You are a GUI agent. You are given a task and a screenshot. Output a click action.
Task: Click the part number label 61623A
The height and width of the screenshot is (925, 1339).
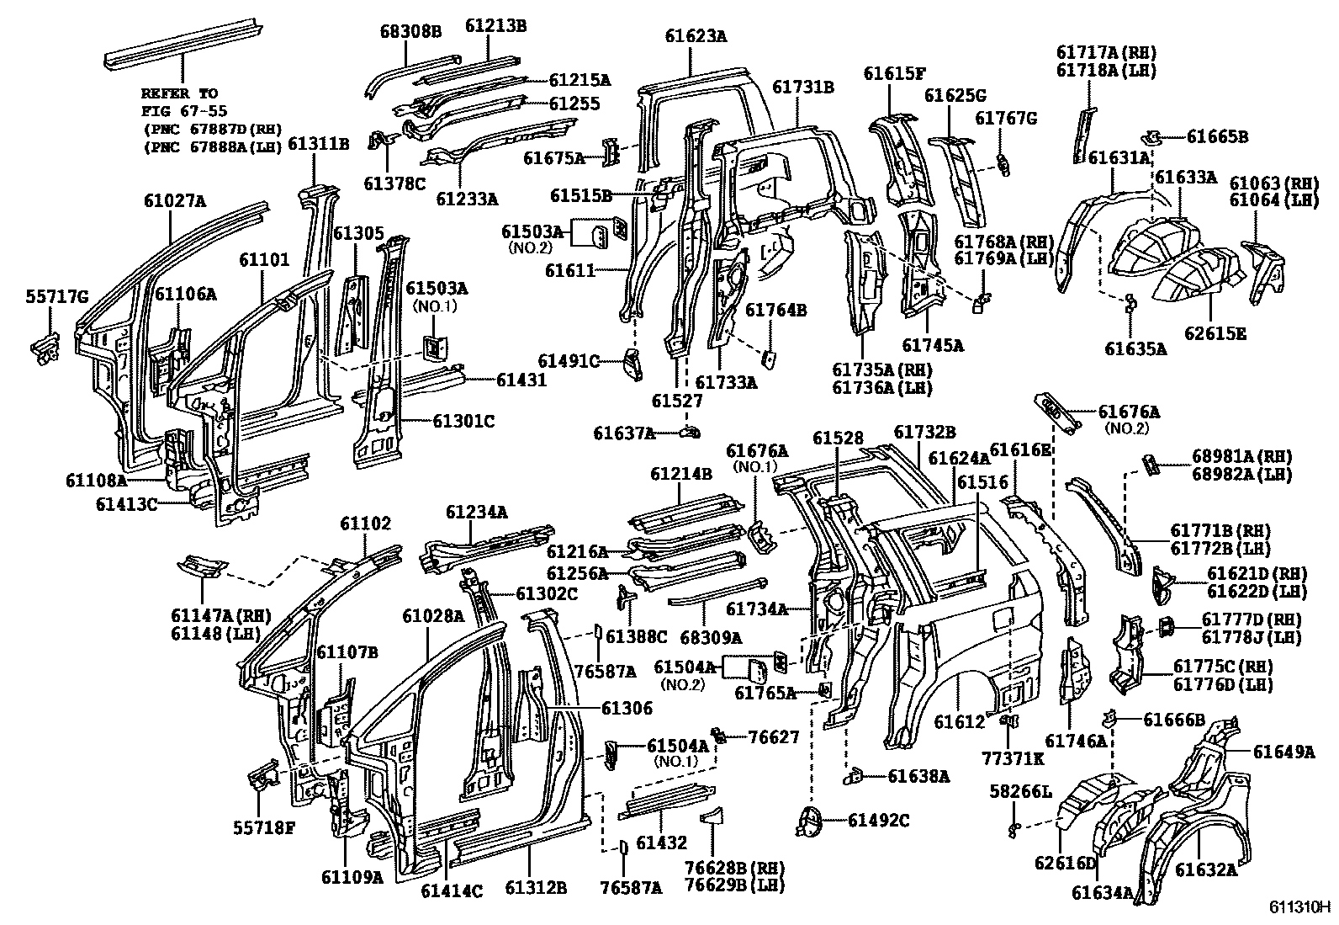(x=696, y=36)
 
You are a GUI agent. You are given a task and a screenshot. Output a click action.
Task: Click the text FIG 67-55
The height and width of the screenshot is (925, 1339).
(x=183, y=110)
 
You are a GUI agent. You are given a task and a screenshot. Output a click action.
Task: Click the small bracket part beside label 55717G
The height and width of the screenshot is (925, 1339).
(x=45, y=346)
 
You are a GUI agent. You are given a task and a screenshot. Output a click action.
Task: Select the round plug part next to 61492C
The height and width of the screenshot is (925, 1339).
(x=811, y=821)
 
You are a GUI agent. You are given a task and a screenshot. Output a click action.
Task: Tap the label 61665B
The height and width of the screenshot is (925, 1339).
(x=1217, y=136)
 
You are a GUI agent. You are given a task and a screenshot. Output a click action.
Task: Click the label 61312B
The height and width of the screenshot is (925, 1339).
(x=536, y=887)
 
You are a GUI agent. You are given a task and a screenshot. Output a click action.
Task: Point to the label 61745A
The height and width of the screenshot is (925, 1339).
(x=932, y=345)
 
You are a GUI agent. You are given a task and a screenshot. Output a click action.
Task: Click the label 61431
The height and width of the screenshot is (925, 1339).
(x=521, y=380)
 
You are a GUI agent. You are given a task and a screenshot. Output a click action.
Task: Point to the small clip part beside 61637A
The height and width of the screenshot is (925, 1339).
(x=690, y=433)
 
